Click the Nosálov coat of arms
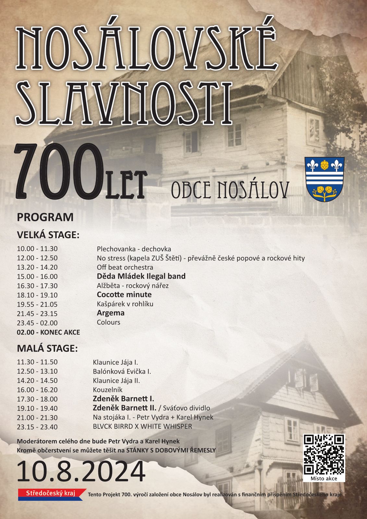(324, 179)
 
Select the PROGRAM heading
(45, 217)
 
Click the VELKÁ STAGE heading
(48, 235)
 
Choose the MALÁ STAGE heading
(47, 348)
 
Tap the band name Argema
(111, 313)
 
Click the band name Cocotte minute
(124, 295)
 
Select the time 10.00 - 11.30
(37, 249)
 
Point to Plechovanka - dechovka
(134, 249)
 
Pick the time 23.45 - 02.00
(37, 323)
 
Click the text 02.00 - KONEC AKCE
(48, 332)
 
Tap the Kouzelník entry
(108, 390)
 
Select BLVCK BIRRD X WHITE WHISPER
(142, 427)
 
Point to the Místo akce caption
(324, 478)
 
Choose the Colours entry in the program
(108, 322)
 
